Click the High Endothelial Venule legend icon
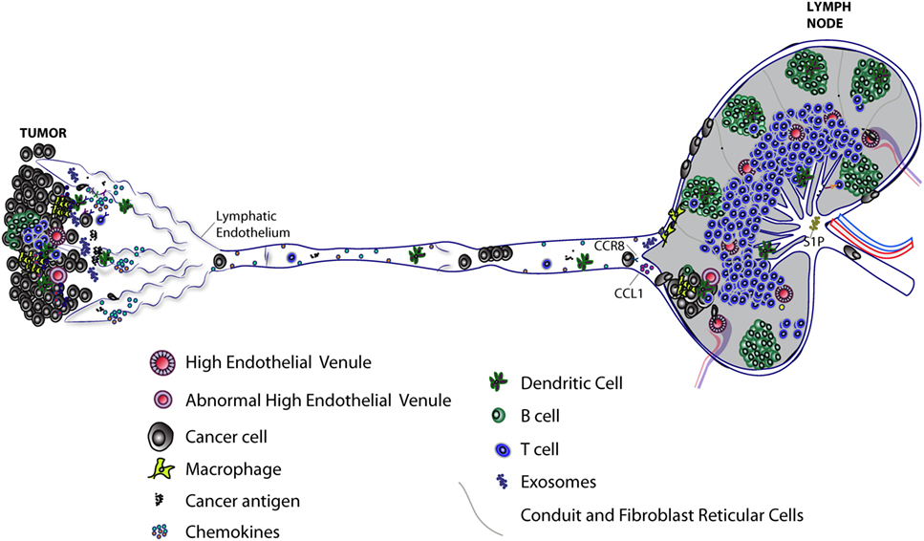pyautogui.click(x=161, y=364)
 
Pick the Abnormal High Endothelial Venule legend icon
pyautogui.click(x=161, y=400)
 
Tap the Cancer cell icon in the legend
pyautogui.click(x=161, y=435)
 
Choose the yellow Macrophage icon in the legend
pyautogui.click(x=161, y=468)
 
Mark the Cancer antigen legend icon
pyautogui.click(x=161, y=500)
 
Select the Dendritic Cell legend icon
pyautogui.click(x=495, y=383)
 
